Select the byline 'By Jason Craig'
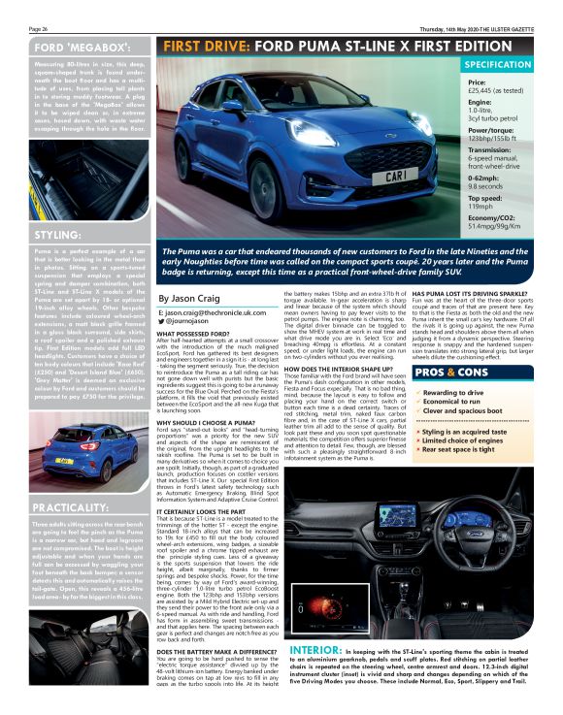188,299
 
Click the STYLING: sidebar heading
31,236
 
